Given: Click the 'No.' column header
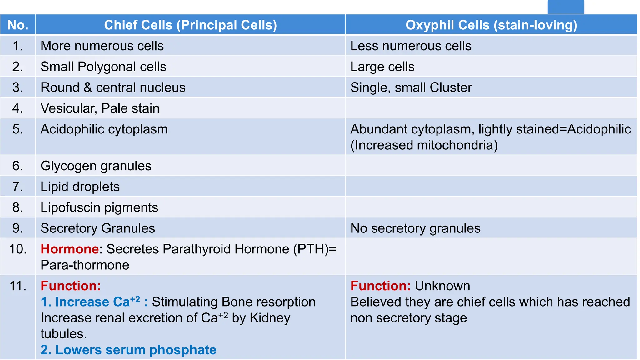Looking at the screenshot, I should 18,25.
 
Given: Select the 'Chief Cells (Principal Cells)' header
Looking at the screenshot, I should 190,25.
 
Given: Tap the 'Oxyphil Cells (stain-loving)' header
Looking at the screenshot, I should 491,25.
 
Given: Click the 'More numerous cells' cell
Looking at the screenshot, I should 102,46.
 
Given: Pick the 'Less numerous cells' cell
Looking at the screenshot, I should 411,46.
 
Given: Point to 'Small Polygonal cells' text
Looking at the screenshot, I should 103,67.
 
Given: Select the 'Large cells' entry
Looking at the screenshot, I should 382,67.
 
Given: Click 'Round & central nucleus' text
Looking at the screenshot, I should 113,87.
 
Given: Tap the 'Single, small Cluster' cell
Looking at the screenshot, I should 411,87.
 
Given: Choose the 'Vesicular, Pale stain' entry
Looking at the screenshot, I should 100,108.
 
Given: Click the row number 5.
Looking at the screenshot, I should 18,129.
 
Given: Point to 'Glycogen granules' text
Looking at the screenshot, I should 96,166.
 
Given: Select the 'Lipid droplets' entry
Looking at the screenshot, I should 80,187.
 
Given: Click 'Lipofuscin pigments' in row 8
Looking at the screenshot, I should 99,207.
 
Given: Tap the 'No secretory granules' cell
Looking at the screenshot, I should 415,228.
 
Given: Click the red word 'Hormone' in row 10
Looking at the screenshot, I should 70,249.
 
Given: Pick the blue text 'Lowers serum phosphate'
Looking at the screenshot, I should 136,350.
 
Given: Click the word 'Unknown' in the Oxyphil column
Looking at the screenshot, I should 442,286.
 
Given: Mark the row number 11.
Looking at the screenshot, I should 18,286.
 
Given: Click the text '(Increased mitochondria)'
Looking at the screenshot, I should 424,145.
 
